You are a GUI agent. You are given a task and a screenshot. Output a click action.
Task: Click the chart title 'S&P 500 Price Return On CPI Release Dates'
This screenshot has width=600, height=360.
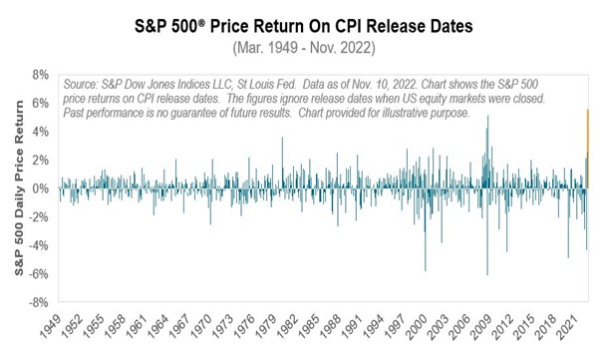point(300,23)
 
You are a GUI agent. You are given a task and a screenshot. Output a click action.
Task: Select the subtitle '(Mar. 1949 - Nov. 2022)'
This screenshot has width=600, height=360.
point(300,47)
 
